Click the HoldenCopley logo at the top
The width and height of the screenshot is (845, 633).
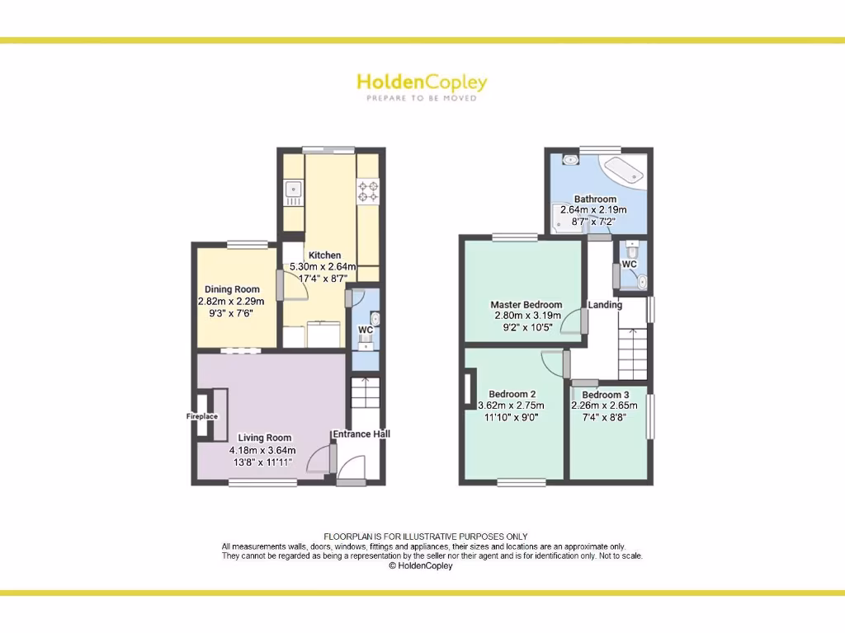click(x=422, y=85)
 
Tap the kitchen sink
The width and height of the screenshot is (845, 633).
click(x=294, y=192)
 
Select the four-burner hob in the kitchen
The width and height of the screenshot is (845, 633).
click(x=367, y=192)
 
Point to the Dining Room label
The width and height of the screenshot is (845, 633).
click(x=232, y=289)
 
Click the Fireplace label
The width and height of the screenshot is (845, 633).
click(x=202, y=417)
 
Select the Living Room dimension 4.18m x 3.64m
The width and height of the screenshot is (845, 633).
click(x=262, y=450)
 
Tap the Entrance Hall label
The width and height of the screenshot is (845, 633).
click(x=361, y=434)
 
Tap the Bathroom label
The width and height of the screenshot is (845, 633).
click(x=595, y=199)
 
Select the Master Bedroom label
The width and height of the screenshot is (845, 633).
click(x=526, y=305)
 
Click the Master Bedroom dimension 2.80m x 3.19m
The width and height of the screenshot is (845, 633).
click(x=526, y=316)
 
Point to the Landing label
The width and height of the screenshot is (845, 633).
click(x=605, y=305)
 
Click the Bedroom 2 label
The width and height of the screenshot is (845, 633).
click(x=512, y=394)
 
